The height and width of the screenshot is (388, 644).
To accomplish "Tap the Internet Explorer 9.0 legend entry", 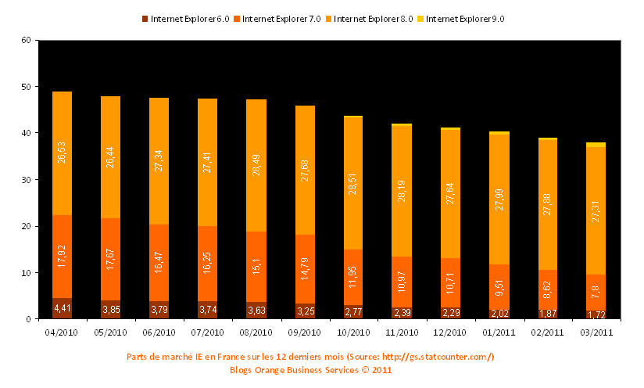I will point(464,18).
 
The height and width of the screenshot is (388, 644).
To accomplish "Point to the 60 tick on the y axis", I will point(26,41).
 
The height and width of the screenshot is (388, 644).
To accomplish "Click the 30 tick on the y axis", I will point(26,180).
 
